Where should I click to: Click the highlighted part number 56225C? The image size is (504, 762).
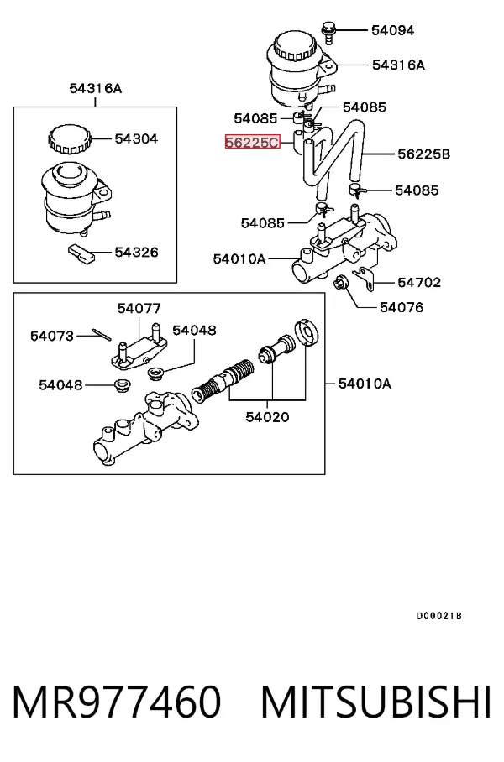click(x=253, y=142)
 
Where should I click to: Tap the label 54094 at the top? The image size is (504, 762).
click(x=392, y=30)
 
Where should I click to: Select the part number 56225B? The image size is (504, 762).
click(x=423, y=154)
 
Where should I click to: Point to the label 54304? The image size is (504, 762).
click(x=136, y=139)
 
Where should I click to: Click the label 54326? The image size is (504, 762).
click(x=137, y=253)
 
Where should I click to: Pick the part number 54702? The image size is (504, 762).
click(x=419, y=282)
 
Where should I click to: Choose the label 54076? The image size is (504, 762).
click(x=402, y=307)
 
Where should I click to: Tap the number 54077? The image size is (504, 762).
click(x=139, y=309)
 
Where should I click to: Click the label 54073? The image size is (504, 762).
click(x=52, y=336)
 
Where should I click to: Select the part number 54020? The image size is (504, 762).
click(x=267, y=417)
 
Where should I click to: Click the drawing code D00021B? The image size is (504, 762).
click(x=439, y=616)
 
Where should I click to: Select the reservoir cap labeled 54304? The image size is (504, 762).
click(x=70, y=138)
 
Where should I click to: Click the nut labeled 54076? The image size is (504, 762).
click(x=339, y=281)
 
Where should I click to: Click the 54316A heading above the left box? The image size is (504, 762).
click(x=96, y=88)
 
